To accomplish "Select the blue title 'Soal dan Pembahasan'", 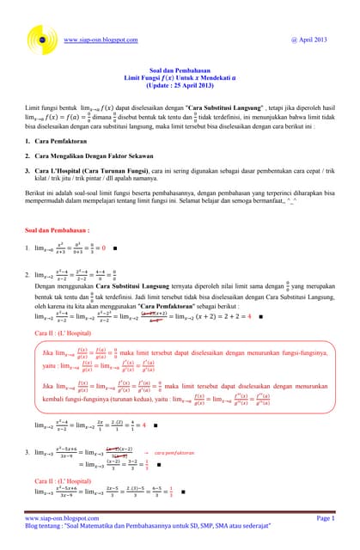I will (180, 71).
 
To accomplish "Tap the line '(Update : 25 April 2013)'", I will (180, 89).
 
